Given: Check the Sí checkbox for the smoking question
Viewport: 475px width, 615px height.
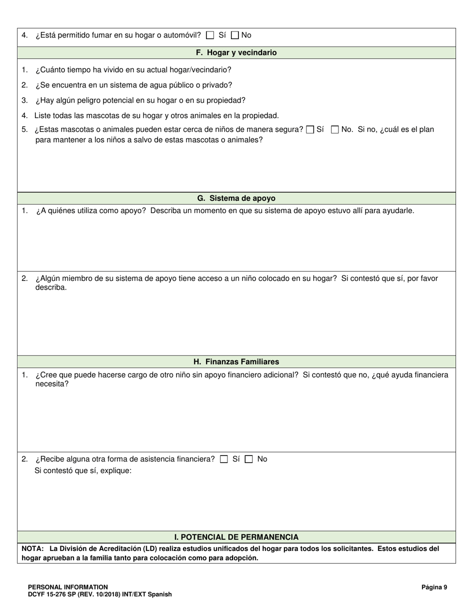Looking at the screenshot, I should point(210,35).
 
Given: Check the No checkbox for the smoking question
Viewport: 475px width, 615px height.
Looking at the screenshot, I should point(235,35).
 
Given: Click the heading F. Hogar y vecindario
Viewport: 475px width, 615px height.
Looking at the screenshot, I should point(236,52).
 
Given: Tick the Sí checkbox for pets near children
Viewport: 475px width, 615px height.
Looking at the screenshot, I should point(310,130).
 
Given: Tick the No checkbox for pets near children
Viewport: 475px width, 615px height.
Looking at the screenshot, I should point(335,130).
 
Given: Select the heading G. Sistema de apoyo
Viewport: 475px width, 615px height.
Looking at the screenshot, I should point(236,198).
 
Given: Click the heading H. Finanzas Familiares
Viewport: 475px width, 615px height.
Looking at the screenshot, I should point(236,361).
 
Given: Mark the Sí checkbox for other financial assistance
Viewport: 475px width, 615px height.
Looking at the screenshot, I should point(224,459).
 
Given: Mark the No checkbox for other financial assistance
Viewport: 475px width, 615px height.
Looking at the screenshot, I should point(248,459).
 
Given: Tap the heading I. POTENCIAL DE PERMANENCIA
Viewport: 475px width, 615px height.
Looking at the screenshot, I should point(236,537).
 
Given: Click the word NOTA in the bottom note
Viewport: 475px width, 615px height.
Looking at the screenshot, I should point(32,548).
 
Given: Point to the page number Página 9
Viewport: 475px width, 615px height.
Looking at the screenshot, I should point(434,587).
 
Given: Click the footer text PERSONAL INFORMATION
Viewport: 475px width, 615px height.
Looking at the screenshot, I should point(68,587).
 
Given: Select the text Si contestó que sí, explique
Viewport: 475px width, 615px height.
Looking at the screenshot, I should point(83,470).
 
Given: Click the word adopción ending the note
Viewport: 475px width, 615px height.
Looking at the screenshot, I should point(240,558).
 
